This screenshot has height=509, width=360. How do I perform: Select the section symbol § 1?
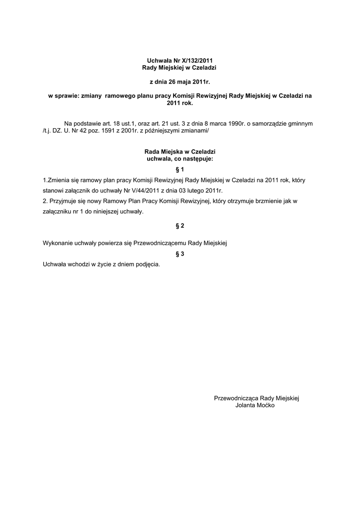180,170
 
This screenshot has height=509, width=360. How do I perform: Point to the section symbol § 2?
180,226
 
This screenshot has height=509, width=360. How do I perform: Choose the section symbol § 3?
180,254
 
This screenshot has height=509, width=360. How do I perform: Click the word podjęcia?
148,264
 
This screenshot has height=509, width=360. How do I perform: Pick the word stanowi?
54,190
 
